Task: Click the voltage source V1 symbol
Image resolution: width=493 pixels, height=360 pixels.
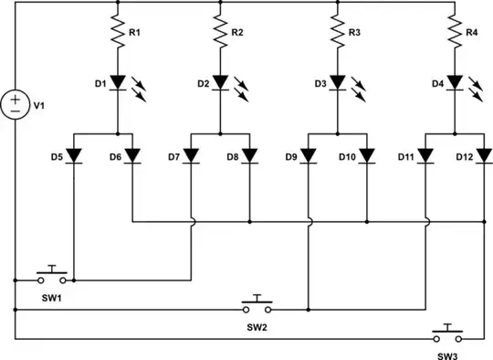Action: pyautogui.click(x=16, y=104)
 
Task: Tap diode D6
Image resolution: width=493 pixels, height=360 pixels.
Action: pyautogui.click(x=133, y=155)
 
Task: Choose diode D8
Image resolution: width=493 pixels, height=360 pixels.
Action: pyautogui.click(x=249, y=155)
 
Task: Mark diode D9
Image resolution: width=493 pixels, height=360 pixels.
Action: pyautogui.click(x=308, y=155)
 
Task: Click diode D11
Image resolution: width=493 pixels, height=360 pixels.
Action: pyautogui.click(x=425, y=155)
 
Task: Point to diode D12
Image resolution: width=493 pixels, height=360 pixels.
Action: pyautogui.click(x=483, y=155)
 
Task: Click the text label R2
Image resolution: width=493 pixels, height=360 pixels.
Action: pyautogui.click(x=237, y=33)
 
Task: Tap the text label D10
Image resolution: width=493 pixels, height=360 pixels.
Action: pyautogui.click(x=347, y=158)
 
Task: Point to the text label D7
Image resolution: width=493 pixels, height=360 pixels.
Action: pyautogui.click(x=174, y=158)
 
